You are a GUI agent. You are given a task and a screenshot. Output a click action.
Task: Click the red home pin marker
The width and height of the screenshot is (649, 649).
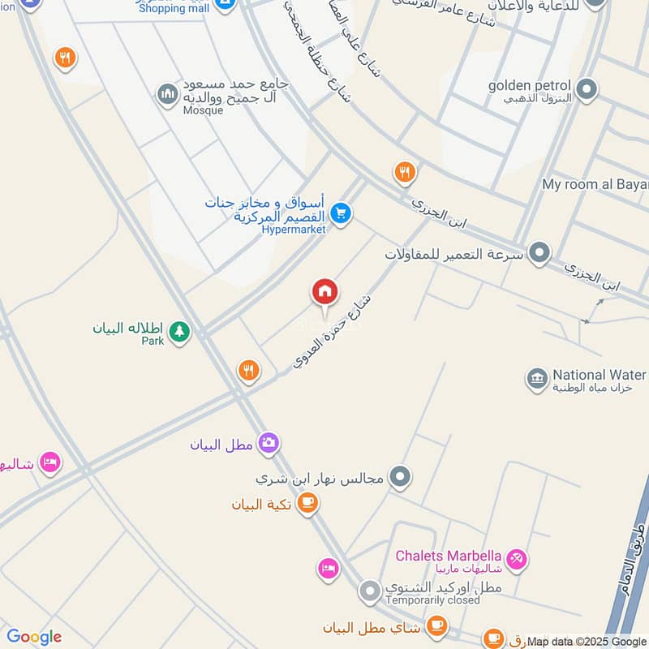(x=325, y=293)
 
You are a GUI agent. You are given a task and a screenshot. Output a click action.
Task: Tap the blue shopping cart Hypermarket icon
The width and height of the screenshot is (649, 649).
(x=342, y=213)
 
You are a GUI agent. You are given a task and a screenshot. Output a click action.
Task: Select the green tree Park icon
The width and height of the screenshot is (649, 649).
(x=179, y=331)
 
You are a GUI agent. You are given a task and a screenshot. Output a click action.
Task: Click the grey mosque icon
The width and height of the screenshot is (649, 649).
(x=168, y=95)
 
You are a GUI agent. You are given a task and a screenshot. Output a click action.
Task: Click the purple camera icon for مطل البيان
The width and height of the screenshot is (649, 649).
(x=269, y=443)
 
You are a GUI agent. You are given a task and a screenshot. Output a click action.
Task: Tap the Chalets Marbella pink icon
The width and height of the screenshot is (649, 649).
(x=517, y=559)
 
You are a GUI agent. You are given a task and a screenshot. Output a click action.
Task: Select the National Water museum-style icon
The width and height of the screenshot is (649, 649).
(x=536, y=378)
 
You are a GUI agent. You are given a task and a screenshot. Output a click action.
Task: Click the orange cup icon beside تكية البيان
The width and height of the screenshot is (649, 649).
(x=307, y=504)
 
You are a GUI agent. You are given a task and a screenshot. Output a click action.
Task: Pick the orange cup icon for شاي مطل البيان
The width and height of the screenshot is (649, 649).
(x=437, y=625)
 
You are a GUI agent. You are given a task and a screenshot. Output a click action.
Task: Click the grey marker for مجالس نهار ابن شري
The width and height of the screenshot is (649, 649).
(x=399, y=477)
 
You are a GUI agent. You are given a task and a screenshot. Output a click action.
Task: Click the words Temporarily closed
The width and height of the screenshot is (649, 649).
(x=432, y=601)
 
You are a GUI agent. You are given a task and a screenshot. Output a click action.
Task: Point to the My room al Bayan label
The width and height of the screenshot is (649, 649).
(x=595, y=184)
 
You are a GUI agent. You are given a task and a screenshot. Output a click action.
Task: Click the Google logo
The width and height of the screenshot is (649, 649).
(x=33, y=637)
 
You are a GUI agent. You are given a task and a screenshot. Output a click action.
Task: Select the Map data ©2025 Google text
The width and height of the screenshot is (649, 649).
(x=587, y=641)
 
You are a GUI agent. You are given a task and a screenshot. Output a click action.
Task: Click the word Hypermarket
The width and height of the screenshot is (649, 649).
(x=293, y=230)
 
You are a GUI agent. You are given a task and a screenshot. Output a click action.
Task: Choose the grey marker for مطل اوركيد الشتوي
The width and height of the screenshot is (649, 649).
(x=370, y=591)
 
